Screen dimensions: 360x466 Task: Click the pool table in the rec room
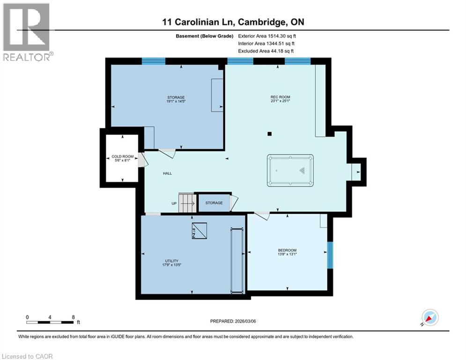coord(290,171)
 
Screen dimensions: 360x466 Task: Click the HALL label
coord(167,173)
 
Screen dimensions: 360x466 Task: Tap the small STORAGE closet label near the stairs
coord(214,203)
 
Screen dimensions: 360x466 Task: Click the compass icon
coord(429,318)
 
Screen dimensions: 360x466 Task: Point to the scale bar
coord(50,322)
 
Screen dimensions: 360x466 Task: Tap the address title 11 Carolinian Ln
coord(233,22)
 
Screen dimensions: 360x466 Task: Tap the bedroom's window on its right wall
coord(330,255)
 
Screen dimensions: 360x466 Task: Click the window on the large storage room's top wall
coord(154,60)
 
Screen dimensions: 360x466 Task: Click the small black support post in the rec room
coord(269,134)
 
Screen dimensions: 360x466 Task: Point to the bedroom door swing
coord(262,216)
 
